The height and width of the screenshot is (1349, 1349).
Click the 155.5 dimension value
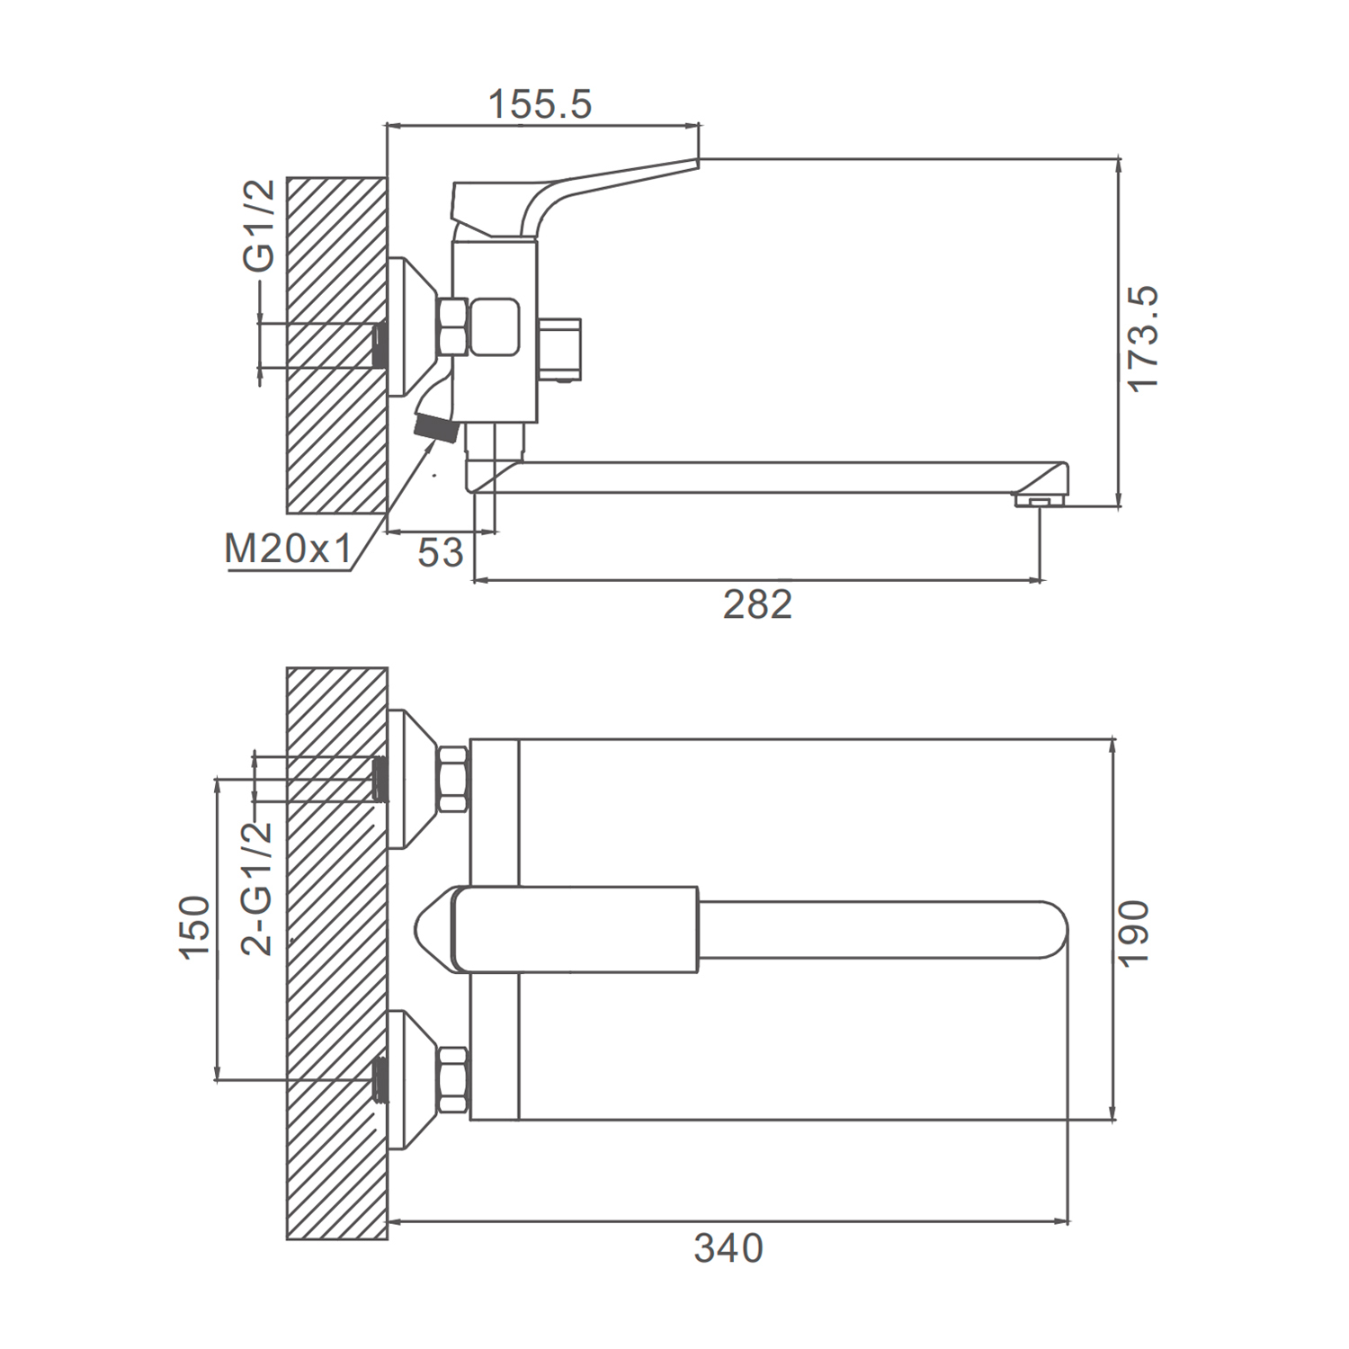540,104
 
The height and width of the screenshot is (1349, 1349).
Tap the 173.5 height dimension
1143,338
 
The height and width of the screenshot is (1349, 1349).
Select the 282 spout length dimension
757,604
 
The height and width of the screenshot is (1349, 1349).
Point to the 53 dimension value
441,552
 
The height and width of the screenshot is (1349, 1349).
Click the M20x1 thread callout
288,548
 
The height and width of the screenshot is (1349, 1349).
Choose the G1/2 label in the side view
259,226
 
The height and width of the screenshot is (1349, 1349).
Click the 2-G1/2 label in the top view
257,887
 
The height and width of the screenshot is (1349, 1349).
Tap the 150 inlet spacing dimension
196,928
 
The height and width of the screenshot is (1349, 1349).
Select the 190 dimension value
1134,933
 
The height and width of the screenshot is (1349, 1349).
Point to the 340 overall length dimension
728,1248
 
